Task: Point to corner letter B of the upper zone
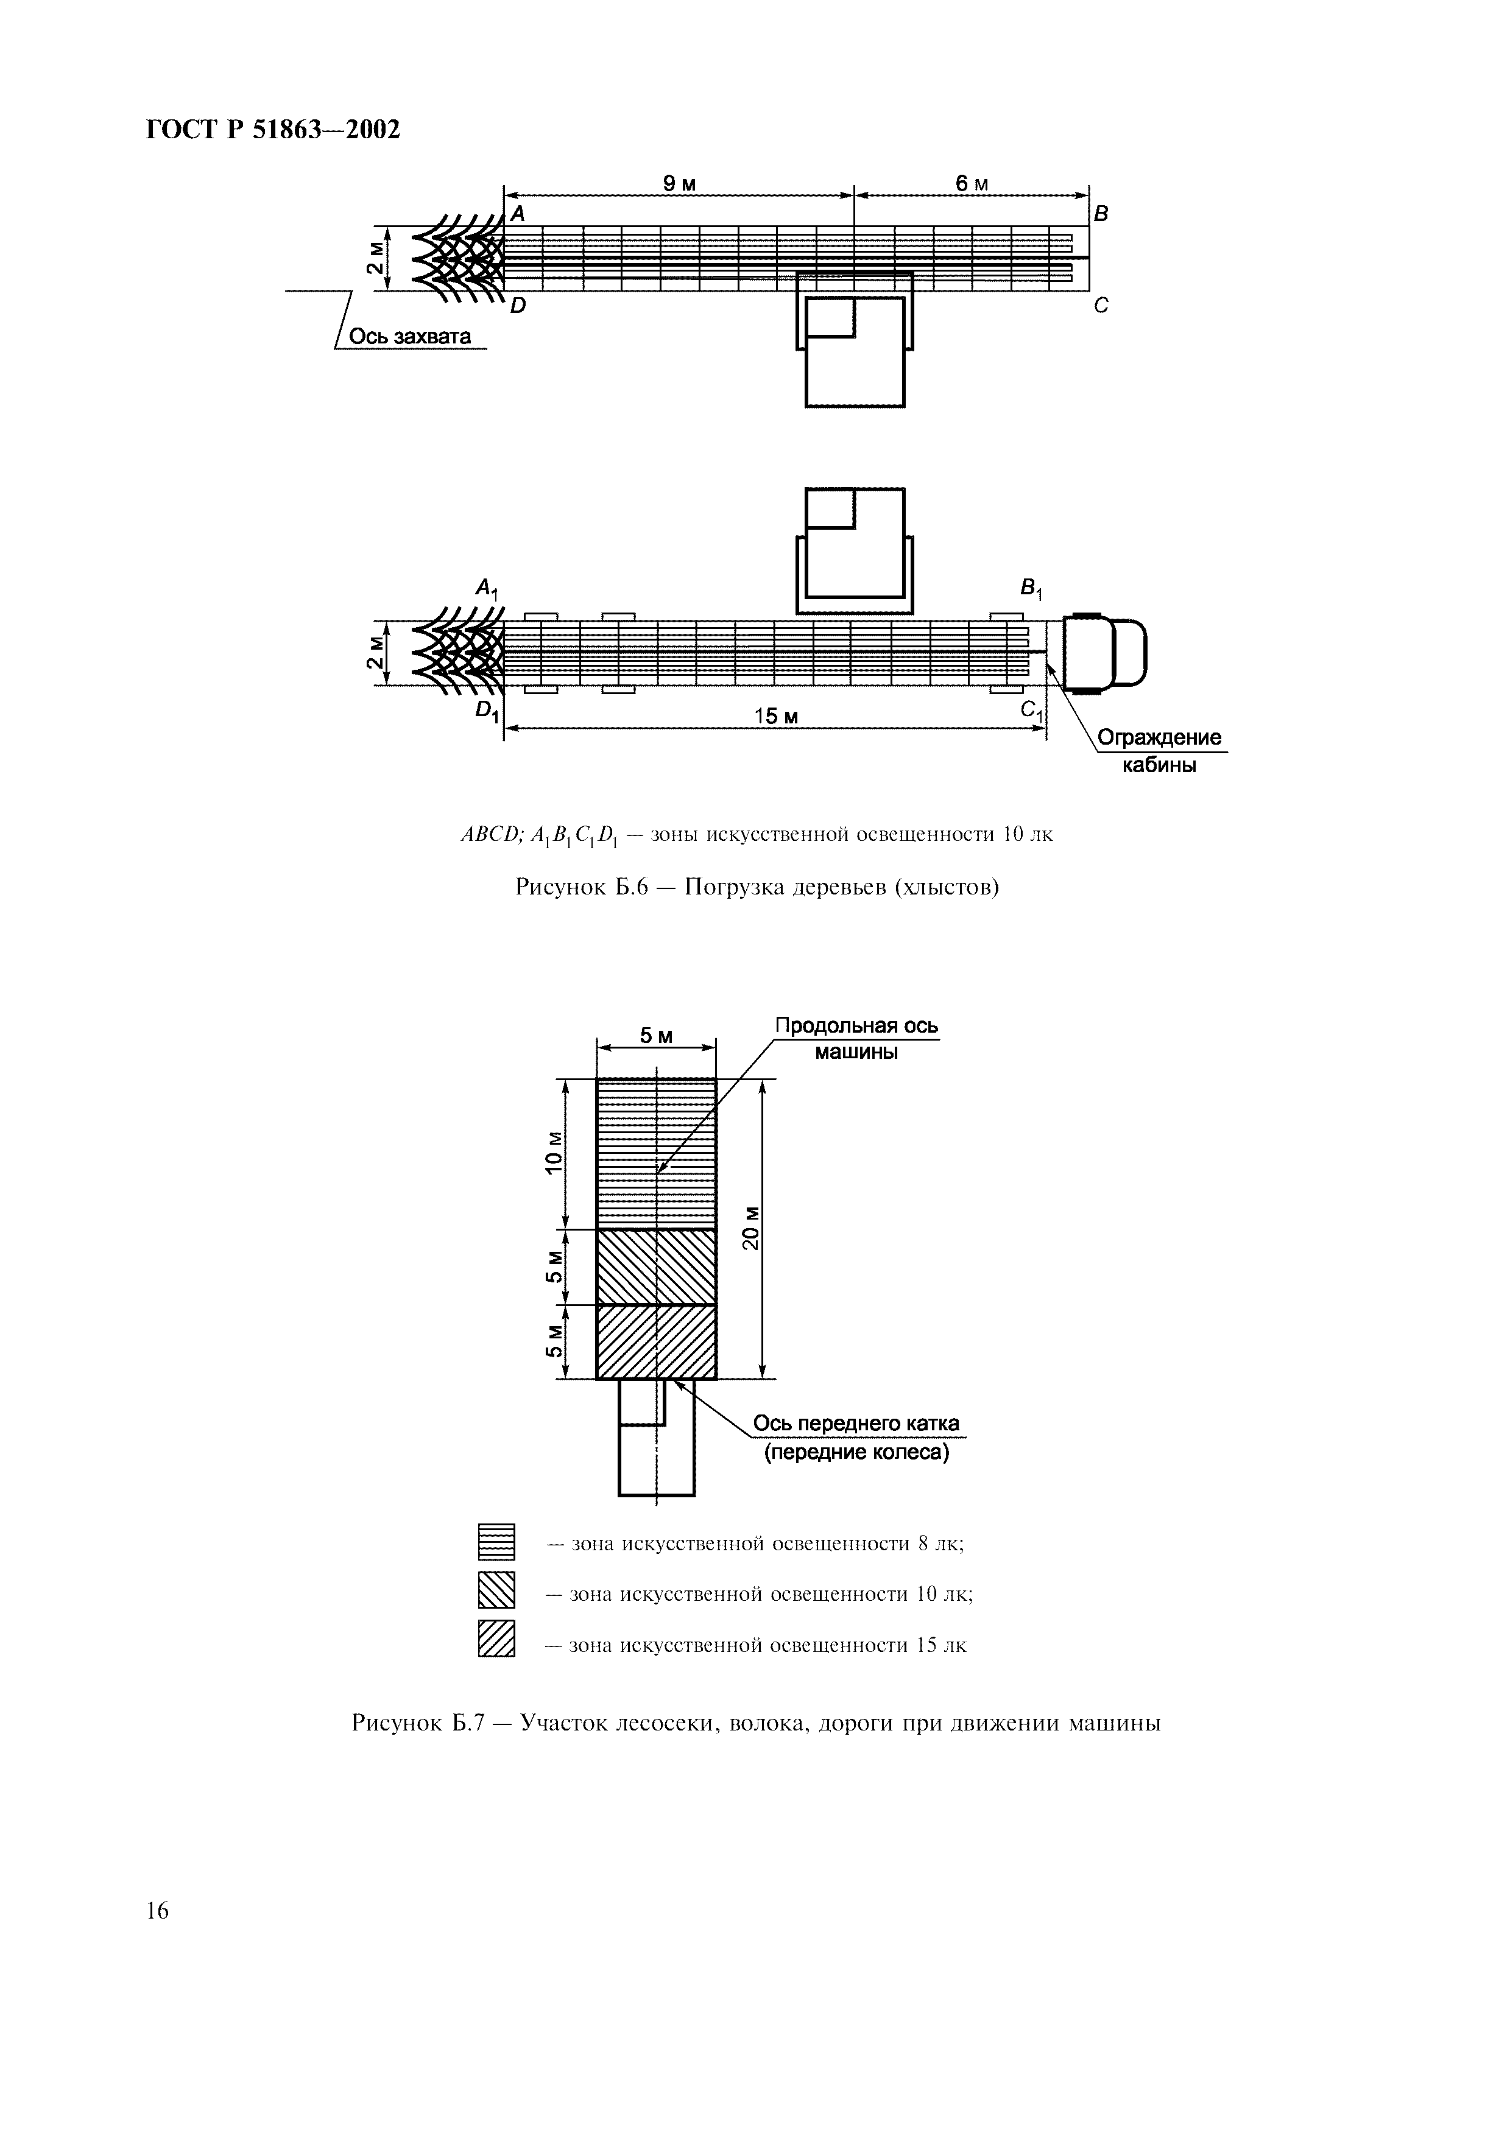[1101, 214]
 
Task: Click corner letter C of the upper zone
[1101, 305]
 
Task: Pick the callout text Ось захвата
[409, 336]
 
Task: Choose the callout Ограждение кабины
[1159, 751]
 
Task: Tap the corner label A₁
[487, 588]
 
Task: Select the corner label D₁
[487, 711]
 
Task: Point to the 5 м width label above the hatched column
[656, 1036]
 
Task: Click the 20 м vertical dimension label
[751, 1228]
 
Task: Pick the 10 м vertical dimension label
[554, 1154]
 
